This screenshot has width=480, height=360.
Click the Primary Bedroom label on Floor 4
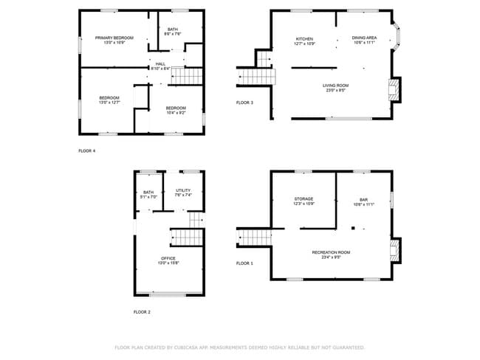coord(114,38)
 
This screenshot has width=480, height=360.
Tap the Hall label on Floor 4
coord(160,64)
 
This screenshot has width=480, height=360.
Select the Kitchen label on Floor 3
coord(305,39)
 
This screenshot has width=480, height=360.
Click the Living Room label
coord(335,86)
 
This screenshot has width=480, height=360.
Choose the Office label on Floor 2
coord(168,258)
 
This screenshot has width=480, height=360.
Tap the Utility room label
coord(183,191)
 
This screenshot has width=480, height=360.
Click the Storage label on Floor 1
coord(304,199)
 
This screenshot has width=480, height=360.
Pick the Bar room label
coord(363,199)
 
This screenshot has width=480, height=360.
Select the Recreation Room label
coord(335,252)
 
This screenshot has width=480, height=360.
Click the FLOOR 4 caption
coord(87,150)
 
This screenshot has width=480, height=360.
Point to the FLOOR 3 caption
coord(244,103)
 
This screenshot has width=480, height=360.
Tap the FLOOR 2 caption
coord(142,312)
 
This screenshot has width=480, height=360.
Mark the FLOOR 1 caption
coord(244,263)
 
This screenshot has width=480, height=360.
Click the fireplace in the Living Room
coord(396,90)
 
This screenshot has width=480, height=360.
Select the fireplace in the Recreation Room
coord(396,249)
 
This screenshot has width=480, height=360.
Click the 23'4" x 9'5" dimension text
coord(335,257)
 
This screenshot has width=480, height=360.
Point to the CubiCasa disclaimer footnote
coord(239,347)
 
